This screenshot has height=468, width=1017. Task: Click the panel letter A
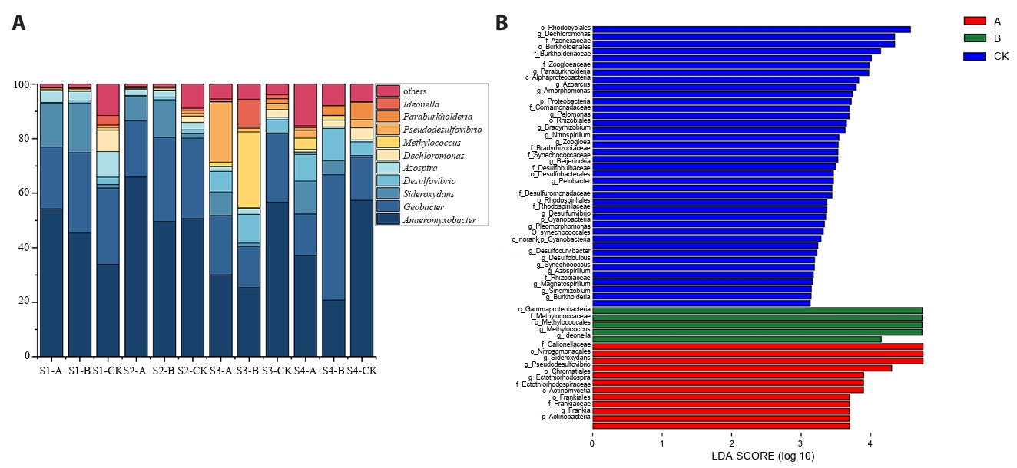(19, 23)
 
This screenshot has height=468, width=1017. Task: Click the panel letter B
(502, 23)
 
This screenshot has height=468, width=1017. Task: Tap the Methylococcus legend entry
(430, 143)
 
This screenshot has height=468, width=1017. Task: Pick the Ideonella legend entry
(421, 104)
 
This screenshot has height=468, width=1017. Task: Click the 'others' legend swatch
(389, 91)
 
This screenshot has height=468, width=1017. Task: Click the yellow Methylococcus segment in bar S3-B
(249, 170)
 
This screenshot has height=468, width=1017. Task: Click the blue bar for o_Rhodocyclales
(751, 29)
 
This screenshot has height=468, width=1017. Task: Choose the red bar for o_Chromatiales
(742, 367)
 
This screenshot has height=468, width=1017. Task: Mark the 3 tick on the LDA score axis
(801, 443)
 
